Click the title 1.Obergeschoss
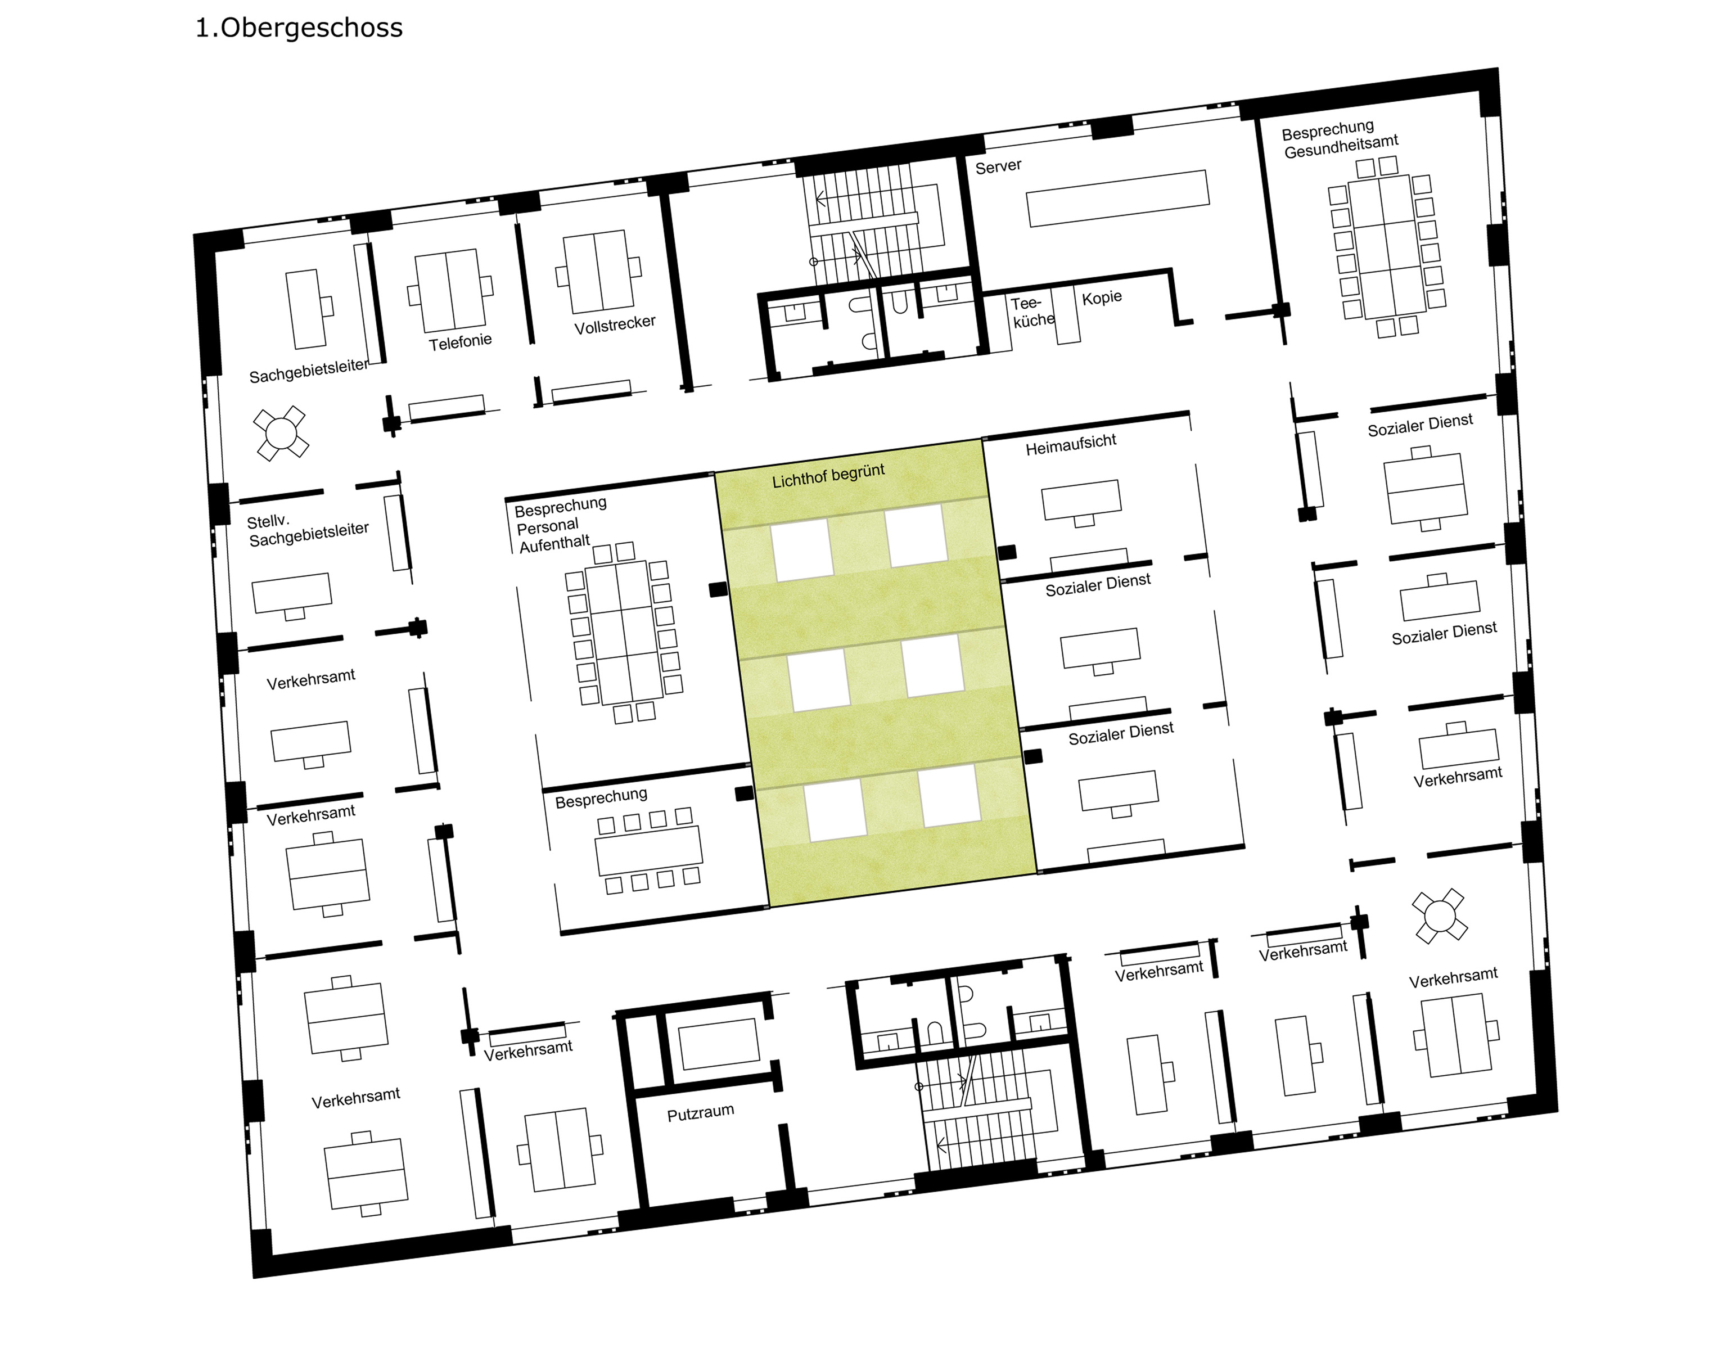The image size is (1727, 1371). pos(299,28)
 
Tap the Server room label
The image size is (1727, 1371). pos(998,166)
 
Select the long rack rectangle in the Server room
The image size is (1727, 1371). pos(1118,199)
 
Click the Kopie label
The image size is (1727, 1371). pos(1102,298)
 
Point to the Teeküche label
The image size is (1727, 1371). pos(1032,312)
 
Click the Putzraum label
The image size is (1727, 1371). pos(701,1112)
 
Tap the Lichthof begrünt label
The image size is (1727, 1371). pos(828,476)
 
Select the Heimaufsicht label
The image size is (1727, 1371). pos(1071,444)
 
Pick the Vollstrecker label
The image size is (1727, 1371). pos(615,324)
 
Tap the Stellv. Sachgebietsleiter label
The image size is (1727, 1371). pos(308,530)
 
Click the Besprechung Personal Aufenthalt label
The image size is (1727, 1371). pos(560,525)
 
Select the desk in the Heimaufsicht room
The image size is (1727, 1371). pos(1081,500)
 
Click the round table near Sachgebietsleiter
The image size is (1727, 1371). pos(281,433)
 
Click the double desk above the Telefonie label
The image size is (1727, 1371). pos(450,290)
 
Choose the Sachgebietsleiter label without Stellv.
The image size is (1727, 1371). pos(308,371)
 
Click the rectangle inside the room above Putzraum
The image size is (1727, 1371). pos(719,1044)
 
